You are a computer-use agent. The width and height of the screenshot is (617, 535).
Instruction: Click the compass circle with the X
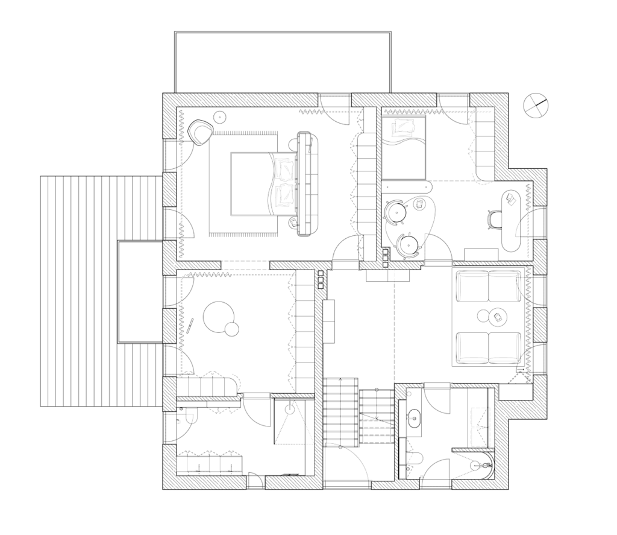536,106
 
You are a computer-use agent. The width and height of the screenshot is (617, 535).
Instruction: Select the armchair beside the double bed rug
199,131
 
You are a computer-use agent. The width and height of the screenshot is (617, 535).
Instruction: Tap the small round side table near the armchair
220,116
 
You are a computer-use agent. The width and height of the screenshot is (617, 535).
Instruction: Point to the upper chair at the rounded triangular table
396,211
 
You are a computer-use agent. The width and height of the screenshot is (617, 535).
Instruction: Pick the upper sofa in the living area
488,286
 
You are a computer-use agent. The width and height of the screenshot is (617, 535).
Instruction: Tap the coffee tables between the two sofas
491,315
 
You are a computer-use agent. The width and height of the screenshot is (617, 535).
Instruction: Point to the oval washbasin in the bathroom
413,416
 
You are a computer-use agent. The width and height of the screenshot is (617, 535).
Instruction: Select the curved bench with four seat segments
206,387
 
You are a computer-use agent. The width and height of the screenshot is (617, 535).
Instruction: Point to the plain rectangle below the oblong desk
481,255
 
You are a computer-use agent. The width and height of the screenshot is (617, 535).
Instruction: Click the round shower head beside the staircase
290,410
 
